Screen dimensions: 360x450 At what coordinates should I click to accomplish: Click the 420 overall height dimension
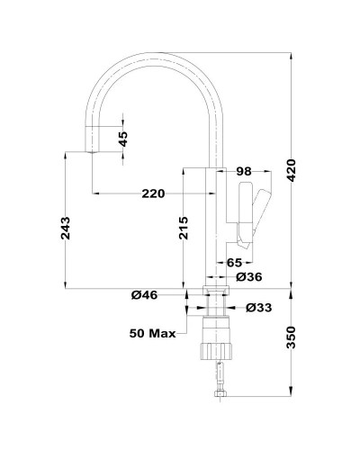pos(291,171)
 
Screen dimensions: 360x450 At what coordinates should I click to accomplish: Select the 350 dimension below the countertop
pos(291,337)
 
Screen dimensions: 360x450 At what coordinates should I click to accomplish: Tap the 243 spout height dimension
pos(66,228)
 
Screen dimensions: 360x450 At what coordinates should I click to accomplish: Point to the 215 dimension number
pos(184,228)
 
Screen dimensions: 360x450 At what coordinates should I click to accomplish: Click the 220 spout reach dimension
pos(153,193)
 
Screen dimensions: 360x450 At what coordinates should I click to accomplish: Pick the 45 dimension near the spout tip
pos(123,139)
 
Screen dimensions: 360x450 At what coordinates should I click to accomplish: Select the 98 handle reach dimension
pos(244,172)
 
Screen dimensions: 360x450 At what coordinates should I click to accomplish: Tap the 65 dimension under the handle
pos(234,263)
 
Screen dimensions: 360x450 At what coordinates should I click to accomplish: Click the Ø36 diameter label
pos(249,277)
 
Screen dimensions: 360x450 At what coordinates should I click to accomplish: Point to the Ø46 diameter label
pos(144,295)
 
